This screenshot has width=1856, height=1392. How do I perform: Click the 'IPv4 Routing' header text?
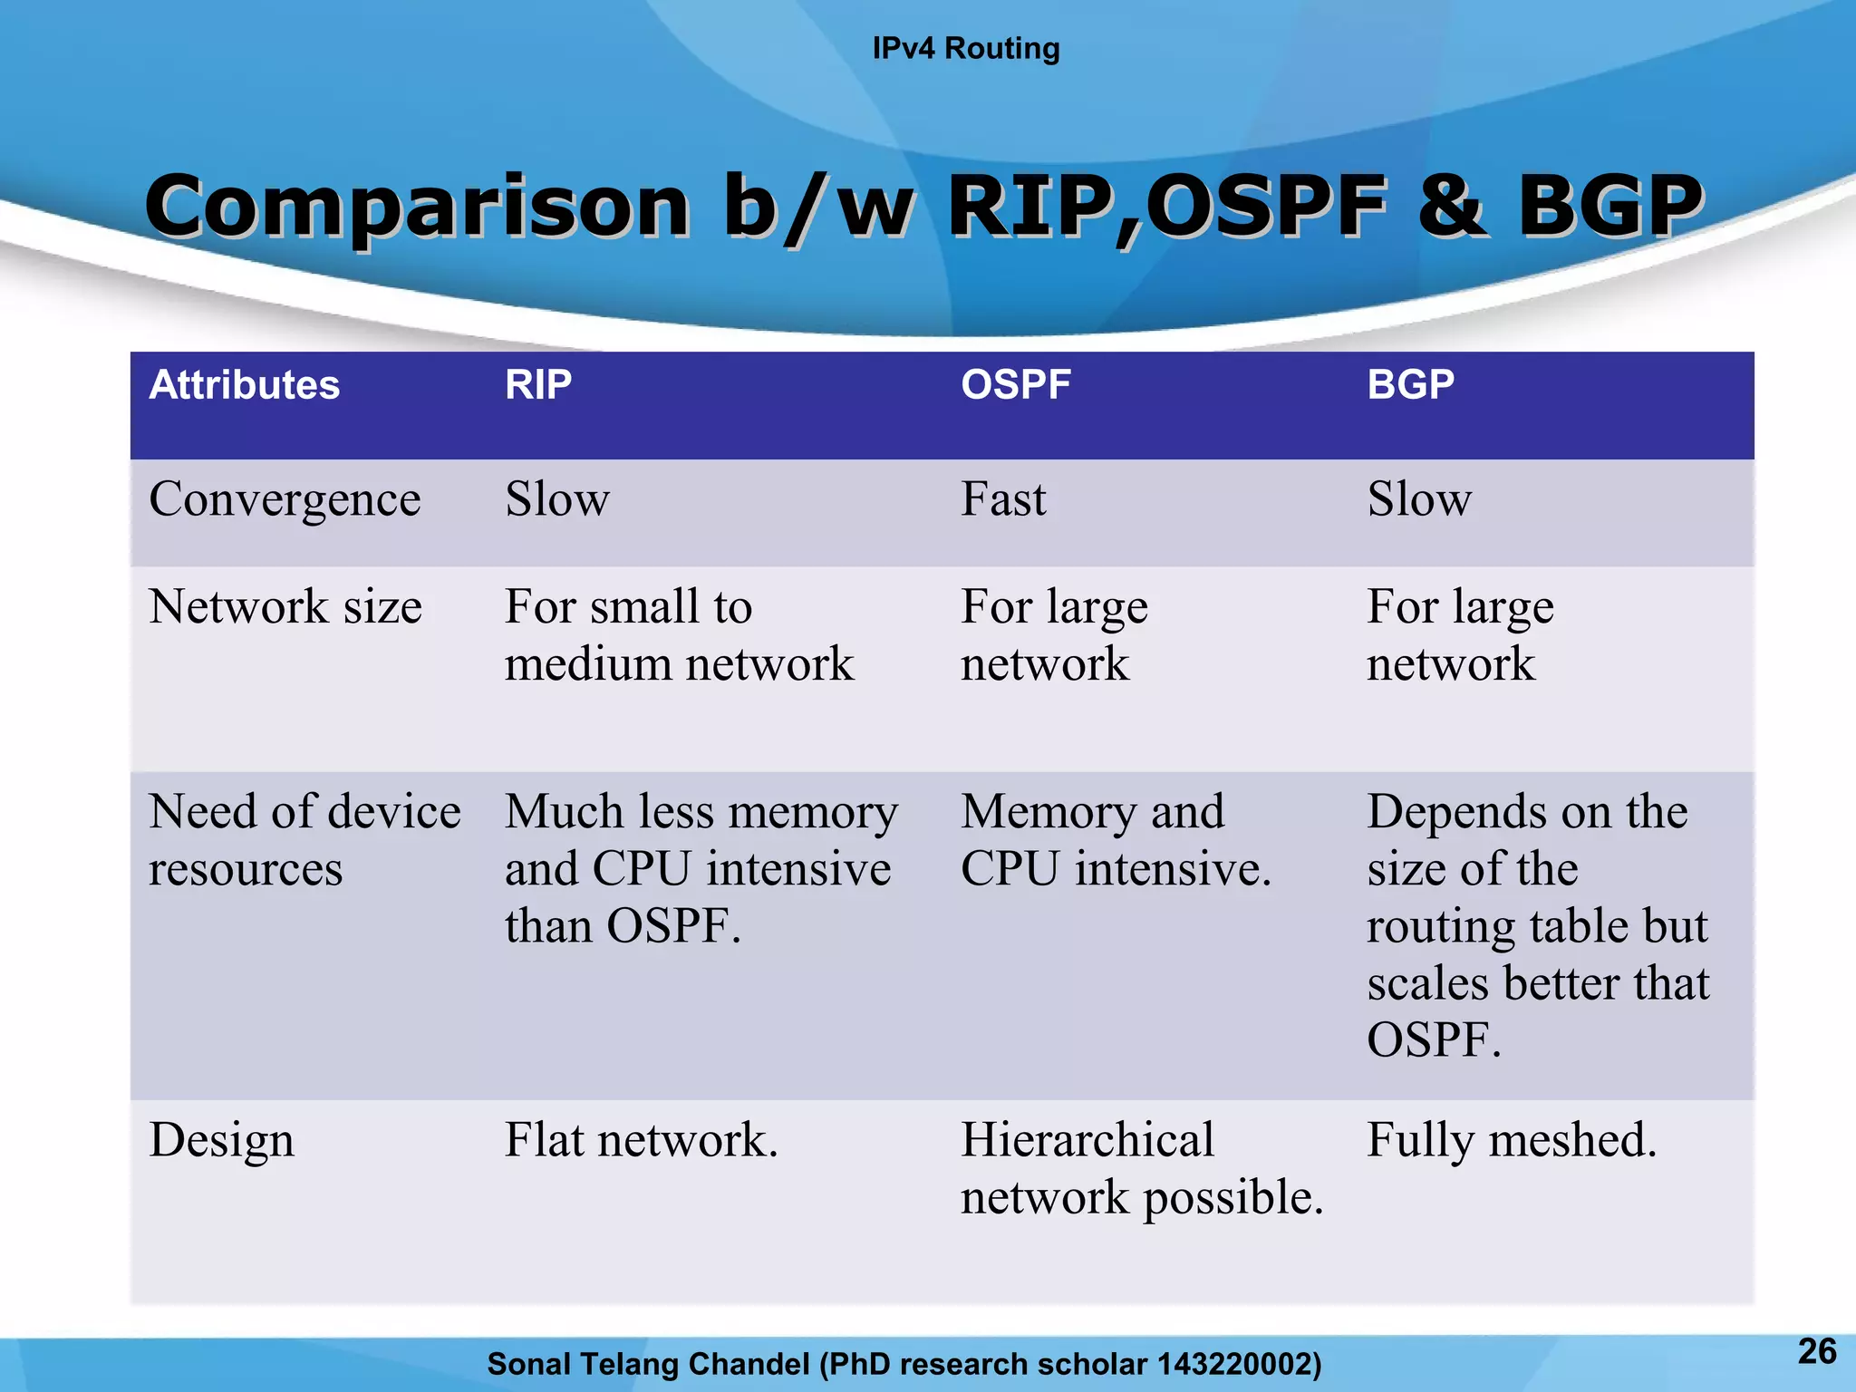click(965, 48)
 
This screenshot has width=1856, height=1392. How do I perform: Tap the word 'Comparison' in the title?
click(417, 207)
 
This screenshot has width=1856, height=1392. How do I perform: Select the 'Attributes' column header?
click(245, 385)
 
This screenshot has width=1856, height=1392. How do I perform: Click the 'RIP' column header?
click(538, 385)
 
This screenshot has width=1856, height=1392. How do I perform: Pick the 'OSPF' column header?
click(1016, 385)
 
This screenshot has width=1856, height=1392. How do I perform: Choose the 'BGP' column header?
click(1410, 385)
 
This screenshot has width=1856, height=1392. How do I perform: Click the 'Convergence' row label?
click(285, 500)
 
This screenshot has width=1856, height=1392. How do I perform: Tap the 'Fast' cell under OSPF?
click(1003, 499)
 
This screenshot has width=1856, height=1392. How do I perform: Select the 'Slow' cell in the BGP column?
click(1419, 499)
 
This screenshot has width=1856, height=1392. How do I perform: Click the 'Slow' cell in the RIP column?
click(557, 499)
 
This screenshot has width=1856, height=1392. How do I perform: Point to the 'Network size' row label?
click(285, 606)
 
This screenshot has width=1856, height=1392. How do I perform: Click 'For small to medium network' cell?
click(678, 634)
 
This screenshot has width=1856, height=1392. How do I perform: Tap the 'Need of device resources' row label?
click(304, 839)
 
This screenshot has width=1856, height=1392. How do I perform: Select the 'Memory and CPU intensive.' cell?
click(1115, 839)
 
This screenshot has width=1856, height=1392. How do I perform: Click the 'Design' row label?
click(222, 1140)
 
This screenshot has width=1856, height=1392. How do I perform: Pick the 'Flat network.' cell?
click(641, 1140)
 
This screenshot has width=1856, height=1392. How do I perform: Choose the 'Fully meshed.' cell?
click(1511, 1140)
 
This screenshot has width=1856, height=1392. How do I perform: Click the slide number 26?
click(1816, 1351)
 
